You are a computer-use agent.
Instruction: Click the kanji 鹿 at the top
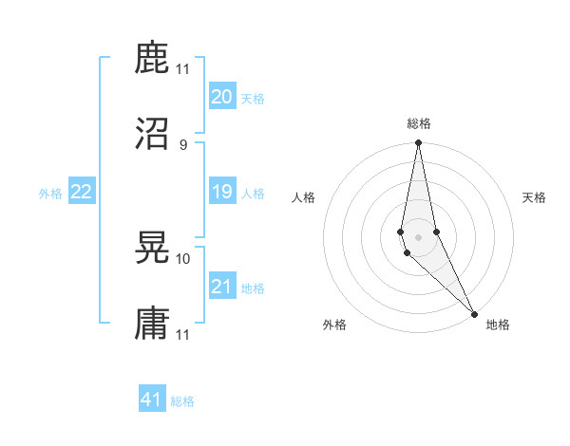(153, 58)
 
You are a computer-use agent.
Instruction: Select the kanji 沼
(153, 133)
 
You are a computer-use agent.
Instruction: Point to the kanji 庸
(153, 323)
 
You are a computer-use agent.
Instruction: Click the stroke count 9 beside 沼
(182, 144)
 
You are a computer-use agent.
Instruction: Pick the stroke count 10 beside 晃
(183, 258)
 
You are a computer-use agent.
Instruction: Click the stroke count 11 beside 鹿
(183, 69)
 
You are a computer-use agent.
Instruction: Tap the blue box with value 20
(222, 97)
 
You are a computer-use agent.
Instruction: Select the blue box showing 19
(222, 192)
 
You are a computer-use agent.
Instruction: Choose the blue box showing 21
(222, 287)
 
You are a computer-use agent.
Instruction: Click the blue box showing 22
(82, 192)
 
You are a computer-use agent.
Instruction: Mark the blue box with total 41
(152, 400)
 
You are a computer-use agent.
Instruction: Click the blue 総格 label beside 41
(182, 401)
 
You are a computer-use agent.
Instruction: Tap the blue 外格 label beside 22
(50, 194)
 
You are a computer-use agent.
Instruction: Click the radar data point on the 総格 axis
(418, 143)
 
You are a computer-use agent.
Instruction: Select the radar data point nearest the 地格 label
(474, 313)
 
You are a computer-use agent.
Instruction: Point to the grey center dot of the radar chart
(418, 237)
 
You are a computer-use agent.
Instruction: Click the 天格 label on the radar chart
(535, 197)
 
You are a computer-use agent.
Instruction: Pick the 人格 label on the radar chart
(303, 197)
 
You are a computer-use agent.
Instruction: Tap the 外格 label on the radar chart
(334, 325)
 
